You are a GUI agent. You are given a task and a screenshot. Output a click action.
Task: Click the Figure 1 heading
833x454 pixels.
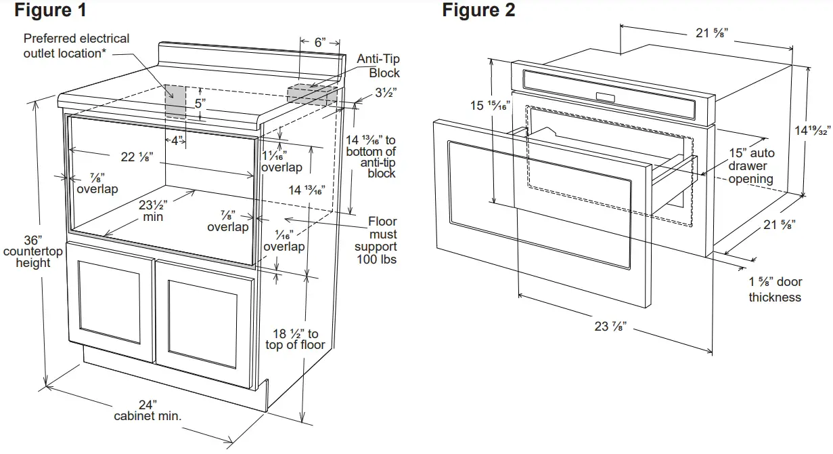(x=50, y=11)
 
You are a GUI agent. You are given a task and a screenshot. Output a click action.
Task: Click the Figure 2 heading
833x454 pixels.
(x=478, y=11)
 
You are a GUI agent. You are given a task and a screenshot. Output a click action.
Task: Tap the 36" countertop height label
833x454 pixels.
(x=32, y=251)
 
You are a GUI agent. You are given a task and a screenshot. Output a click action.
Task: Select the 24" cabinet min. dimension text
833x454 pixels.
(x=148, y=409)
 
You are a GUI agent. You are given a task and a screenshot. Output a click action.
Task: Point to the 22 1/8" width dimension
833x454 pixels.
(x=137, y=157)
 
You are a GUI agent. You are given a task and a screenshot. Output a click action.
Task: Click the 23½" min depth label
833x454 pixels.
(x=153, y=210)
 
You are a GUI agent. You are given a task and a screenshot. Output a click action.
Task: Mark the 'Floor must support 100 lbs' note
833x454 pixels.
(x=376, y=241)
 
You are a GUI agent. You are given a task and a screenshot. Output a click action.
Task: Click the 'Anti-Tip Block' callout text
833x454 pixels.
(x=379, y=66)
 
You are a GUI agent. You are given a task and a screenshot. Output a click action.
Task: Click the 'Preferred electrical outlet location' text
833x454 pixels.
(x=76, y=46)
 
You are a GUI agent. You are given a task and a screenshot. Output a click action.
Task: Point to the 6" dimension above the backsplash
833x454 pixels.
(x=319, y=42)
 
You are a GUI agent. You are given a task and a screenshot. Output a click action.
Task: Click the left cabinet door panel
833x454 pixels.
(x=110, y=303)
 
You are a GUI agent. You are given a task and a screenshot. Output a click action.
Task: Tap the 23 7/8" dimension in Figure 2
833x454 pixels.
(x=610, y=326)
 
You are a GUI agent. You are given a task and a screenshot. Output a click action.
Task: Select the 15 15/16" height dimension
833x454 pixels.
(x=490, y=106)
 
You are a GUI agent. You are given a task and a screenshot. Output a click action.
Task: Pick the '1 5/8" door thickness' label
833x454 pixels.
(x=774, y=289)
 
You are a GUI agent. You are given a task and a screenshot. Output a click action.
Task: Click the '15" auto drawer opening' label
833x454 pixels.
(x=751, y=166)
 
